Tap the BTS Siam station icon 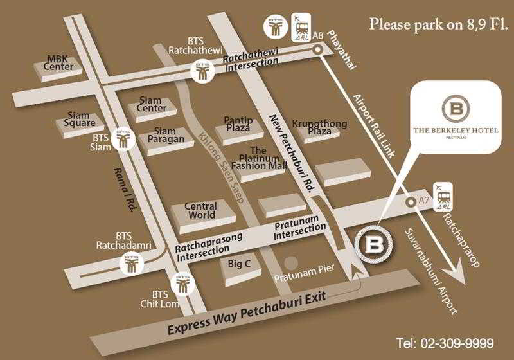(x=122, y=139)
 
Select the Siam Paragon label (x=165, y=135)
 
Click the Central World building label (x=201, y=211)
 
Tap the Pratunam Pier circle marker (x=291, y=262)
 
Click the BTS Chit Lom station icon (x=182, y=283)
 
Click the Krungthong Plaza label (x=319, y=127)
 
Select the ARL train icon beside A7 (x=444, y=197)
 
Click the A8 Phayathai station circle (x=317, y=48)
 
